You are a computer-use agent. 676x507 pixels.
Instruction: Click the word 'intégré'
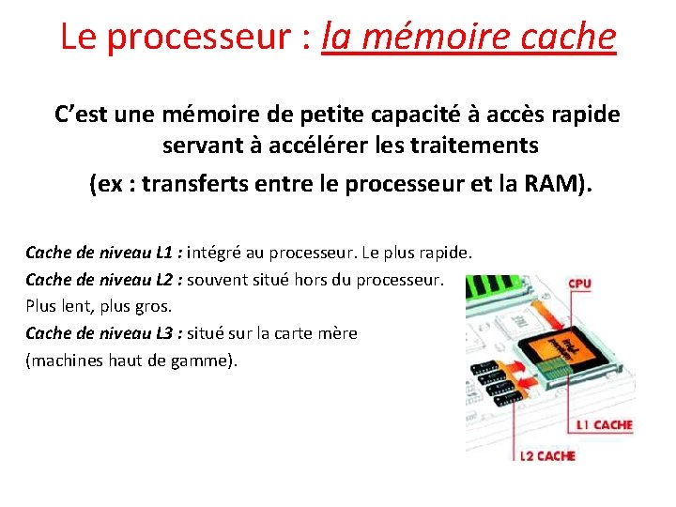click(218, 253)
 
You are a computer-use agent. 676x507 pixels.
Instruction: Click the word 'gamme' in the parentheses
click(203, 361)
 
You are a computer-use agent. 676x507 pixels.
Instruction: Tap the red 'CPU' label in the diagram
click(579, 283)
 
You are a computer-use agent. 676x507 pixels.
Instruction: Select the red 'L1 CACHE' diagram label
click(604, 425)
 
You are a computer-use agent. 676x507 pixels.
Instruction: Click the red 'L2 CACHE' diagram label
click(547, 456)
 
